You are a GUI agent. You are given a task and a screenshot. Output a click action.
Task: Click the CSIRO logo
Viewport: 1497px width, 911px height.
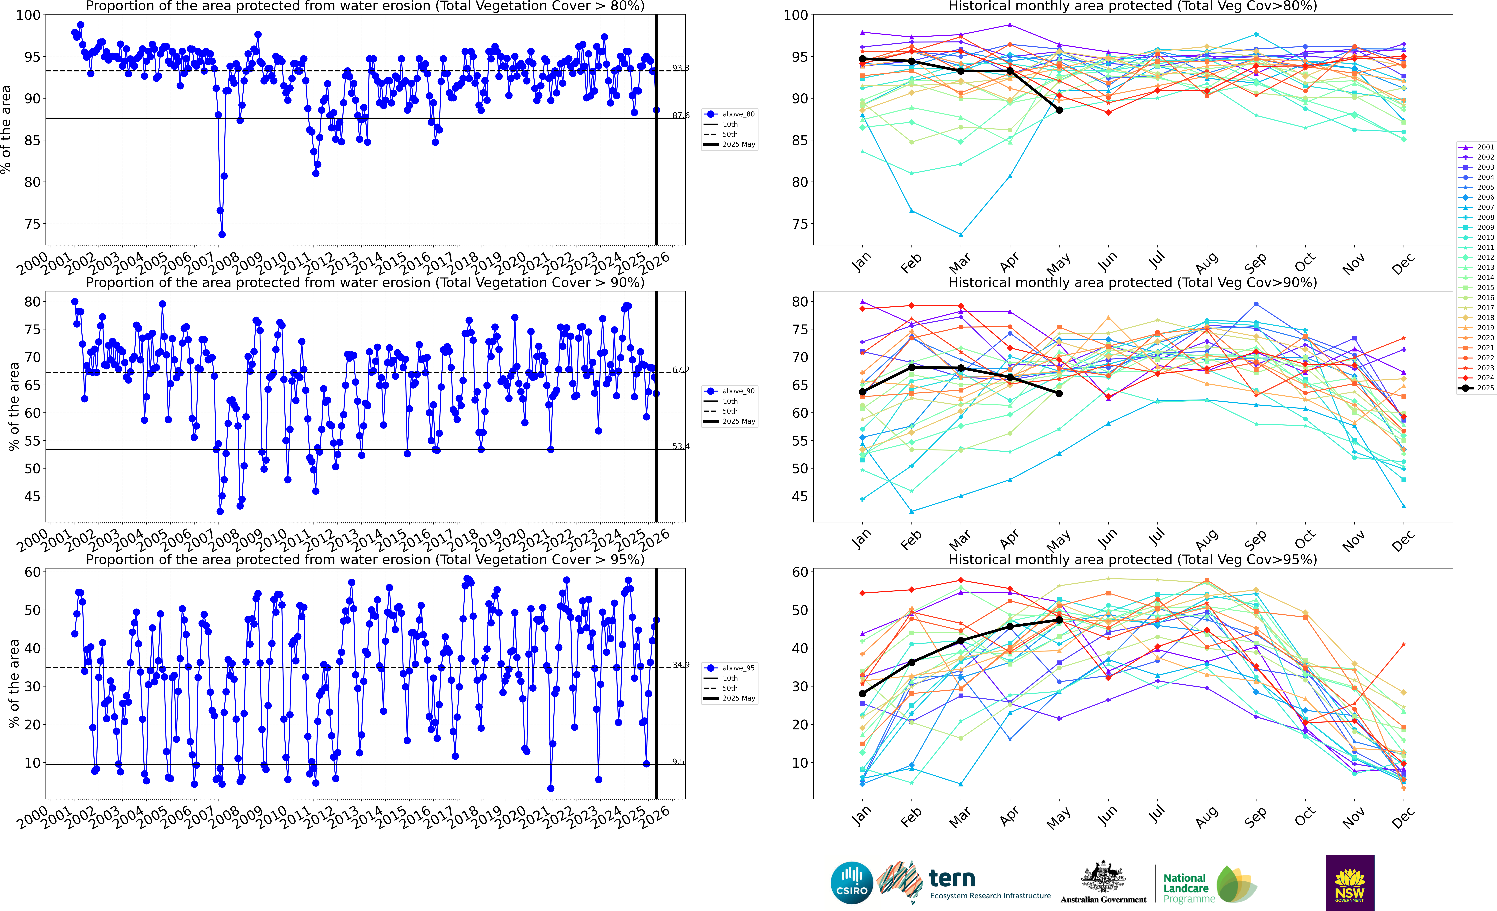tap(851, 882)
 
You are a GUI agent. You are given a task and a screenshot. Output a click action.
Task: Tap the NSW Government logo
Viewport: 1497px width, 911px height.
tap(1349, 882)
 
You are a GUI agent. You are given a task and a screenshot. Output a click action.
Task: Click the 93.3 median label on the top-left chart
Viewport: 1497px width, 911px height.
tap(680, 68)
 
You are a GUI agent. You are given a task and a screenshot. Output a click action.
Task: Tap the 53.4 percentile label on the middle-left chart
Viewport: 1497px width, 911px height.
tap(680, 446)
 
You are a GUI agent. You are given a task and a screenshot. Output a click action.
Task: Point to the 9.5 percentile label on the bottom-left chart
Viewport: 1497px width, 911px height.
tap(678, 762)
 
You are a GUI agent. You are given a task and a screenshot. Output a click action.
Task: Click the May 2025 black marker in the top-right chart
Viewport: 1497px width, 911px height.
tap(1059, 110)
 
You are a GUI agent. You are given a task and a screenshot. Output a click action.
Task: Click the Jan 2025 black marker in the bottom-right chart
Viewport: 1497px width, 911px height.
tap(862, 694)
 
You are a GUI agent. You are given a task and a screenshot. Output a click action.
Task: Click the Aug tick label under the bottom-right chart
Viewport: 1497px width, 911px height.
tap(1207, 817)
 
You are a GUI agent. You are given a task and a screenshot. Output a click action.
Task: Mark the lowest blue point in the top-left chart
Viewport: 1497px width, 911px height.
tap(222, 234)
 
